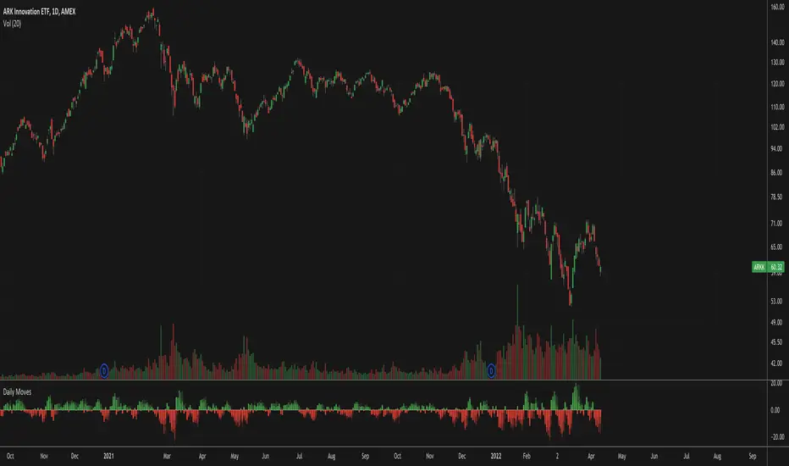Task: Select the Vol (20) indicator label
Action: click(14, 19)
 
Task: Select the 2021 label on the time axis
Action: click(108, 452)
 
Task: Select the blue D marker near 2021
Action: click(104, 369)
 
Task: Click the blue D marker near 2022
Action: click(491, 369)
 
